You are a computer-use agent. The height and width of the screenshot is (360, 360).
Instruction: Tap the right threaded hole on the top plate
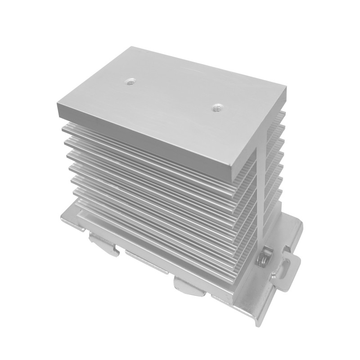(217, 108)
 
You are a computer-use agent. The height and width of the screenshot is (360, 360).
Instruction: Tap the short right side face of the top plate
(258, 135)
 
